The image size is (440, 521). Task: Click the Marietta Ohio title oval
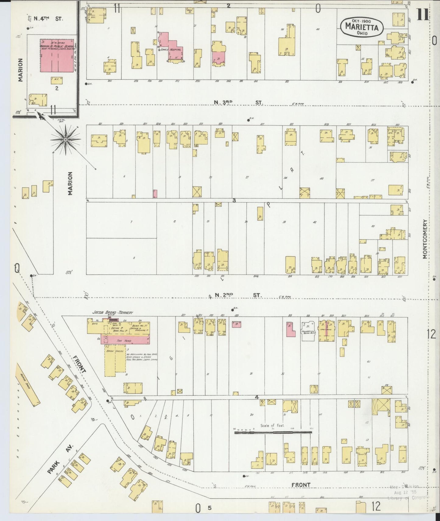click(361, 27)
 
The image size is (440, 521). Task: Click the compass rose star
click(65, 140)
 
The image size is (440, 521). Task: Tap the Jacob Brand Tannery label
click(113, 313)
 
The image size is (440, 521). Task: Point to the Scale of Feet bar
click(273, 432)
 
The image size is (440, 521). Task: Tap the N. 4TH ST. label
click(48, 19)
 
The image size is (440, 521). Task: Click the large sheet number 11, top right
click(423, 15)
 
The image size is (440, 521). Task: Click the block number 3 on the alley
click(234, 200)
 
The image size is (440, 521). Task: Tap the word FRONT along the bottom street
click(301, 485)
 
